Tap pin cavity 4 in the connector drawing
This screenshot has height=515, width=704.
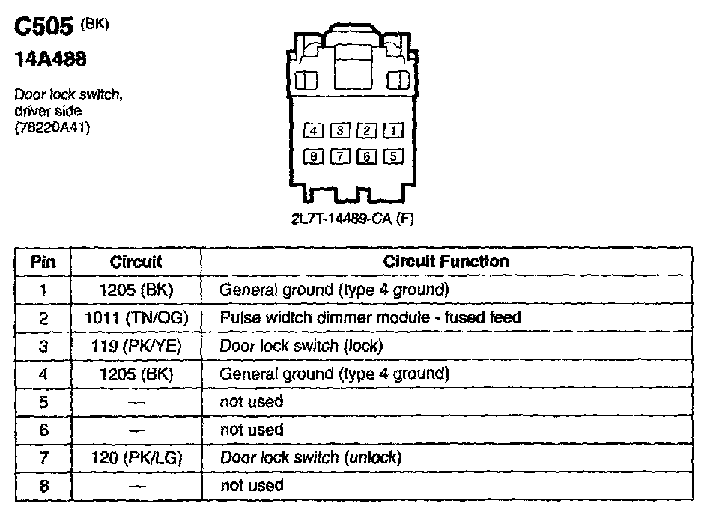314,131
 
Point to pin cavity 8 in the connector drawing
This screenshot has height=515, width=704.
314,156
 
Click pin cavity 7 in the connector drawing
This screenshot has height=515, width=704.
341,156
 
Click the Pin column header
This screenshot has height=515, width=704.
43,262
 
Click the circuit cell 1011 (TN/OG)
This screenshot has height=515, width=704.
136,317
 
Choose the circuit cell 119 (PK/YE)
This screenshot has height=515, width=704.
136,346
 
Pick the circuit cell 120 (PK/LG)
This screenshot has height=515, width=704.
136,457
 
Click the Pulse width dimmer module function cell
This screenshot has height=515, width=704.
370,317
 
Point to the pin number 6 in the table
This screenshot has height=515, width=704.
43,430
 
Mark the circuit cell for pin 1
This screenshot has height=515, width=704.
136,290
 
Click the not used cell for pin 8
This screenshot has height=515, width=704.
252,485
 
